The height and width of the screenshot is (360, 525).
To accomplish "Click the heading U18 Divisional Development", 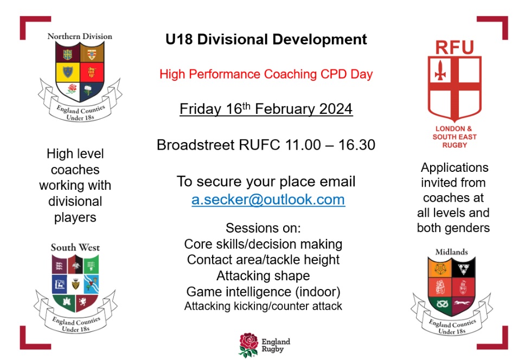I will pyautogui.click(x=266, y=40).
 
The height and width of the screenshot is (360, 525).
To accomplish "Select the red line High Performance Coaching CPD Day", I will pyautogui.click(x=266, y=74).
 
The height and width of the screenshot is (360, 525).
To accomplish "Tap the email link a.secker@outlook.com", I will pyautogui.click(x=268, y=200).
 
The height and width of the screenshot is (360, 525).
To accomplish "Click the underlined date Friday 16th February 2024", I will pyautogui.click(x=266, y=109).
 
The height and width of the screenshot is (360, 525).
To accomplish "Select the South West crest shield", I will pyautogui.click(x=75, y=284).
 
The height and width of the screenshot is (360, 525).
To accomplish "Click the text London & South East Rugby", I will pyautogui.click(x=454, y=137).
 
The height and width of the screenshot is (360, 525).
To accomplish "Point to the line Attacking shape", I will pyautogui.click(x=262, y=275).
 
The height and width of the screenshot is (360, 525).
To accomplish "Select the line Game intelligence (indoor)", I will pyautogui.click(x=263, y=291).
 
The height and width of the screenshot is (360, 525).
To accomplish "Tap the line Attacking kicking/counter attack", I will pyautogui.click(x=263, y=306).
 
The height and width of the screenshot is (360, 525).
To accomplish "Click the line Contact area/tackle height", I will pyautogui.click(x=263, y=260).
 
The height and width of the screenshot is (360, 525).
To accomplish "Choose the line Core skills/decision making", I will pyautogui.click(x=263, y=244).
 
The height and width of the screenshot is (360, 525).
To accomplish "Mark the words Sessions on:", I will pyautogui.click(x=263, y=228).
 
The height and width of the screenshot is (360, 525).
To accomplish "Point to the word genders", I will pyautogui.click(x=469, y=228).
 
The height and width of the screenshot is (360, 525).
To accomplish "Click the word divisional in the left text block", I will pyautogui.click(x=75, y=202).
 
